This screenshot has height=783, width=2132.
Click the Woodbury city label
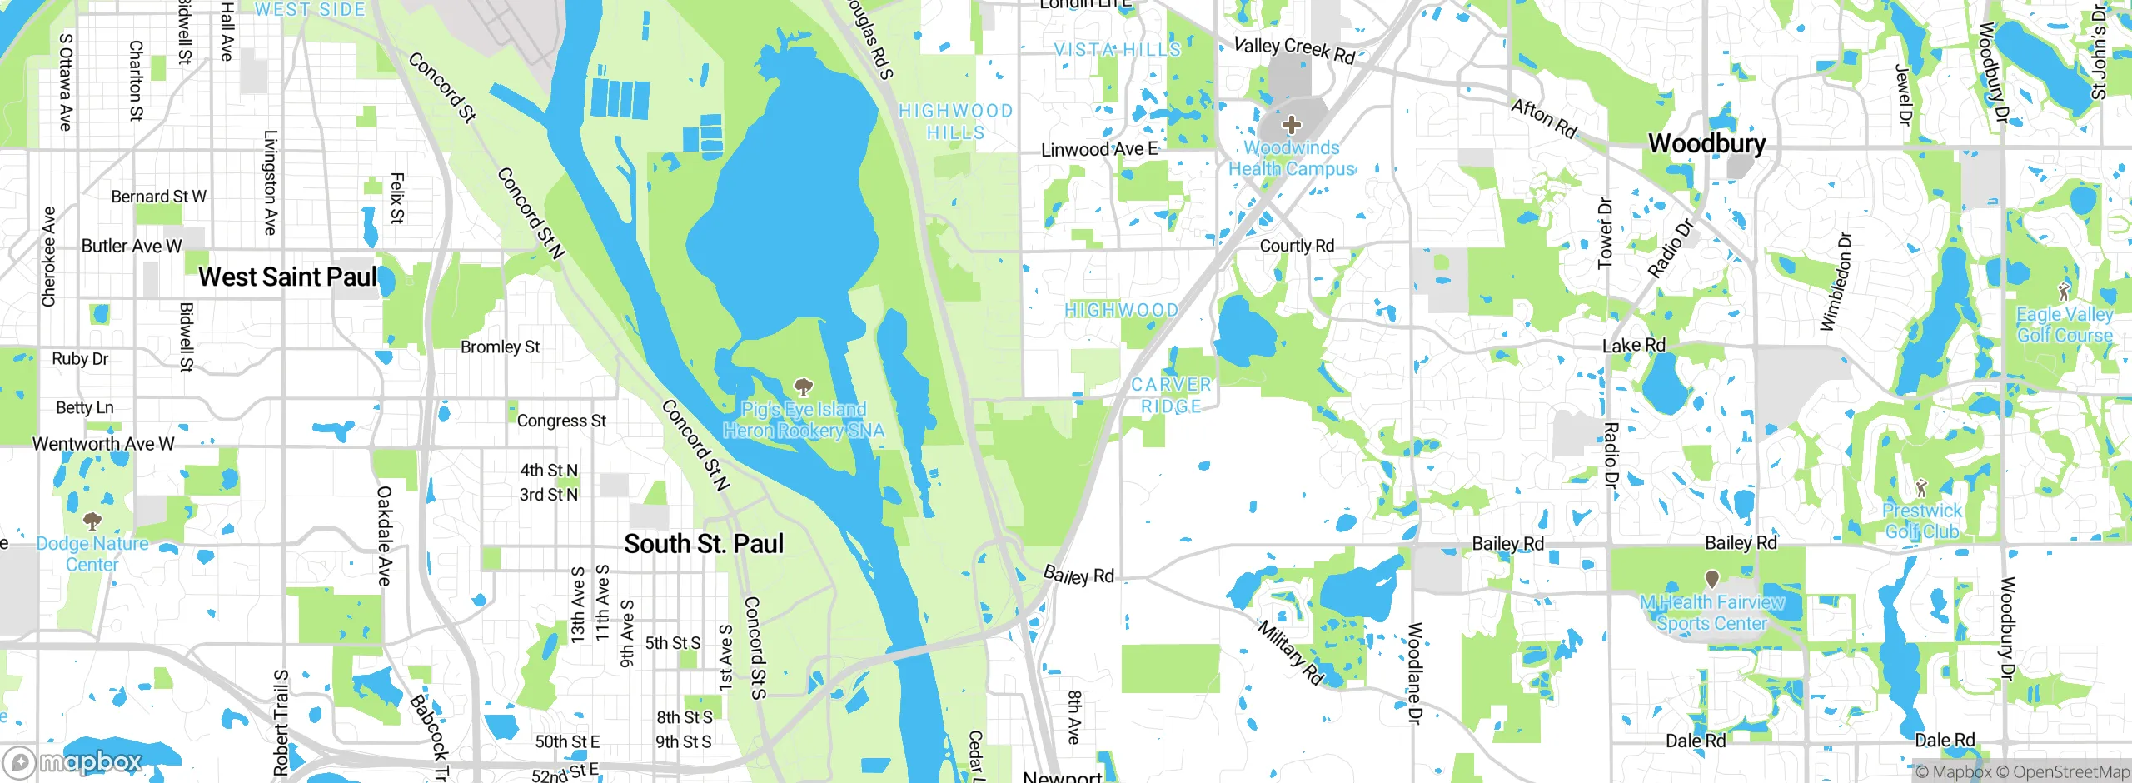point(1706,143)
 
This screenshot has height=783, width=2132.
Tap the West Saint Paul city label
point(287,277)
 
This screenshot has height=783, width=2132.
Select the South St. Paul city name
point(704,544)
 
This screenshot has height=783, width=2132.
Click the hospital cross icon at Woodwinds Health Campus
point(1291,126)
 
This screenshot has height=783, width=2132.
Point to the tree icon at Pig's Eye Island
point(804,387)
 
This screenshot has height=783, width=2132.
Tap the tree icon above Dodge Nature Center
point(92,521)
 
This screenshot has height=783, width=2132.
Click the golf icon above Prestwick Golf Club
point(1921,487)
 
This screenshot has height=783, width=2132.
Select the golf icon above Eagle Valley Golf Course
point(2064,292)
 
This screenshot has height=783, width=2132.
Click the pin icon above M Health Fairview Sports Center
point(1712,578)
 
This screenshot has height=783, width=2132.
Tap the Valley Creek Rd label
point(1294,50)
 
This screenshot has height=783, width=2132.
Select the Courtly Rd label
point(1297,246)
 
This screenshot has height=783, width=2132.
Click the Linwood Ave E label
point(1099,150)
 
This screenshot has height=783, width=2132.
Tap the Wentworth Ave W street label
point(103,444)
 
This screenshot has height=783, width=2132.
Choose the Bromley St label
point(500,347)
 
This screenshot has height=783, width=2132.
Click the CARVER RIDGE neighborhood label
point(1171,396)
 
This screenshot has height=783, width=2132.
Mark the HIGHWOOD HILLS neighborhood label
point(955,122)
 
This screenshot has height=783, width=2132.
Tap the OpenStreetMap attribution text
point(2070,772)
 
